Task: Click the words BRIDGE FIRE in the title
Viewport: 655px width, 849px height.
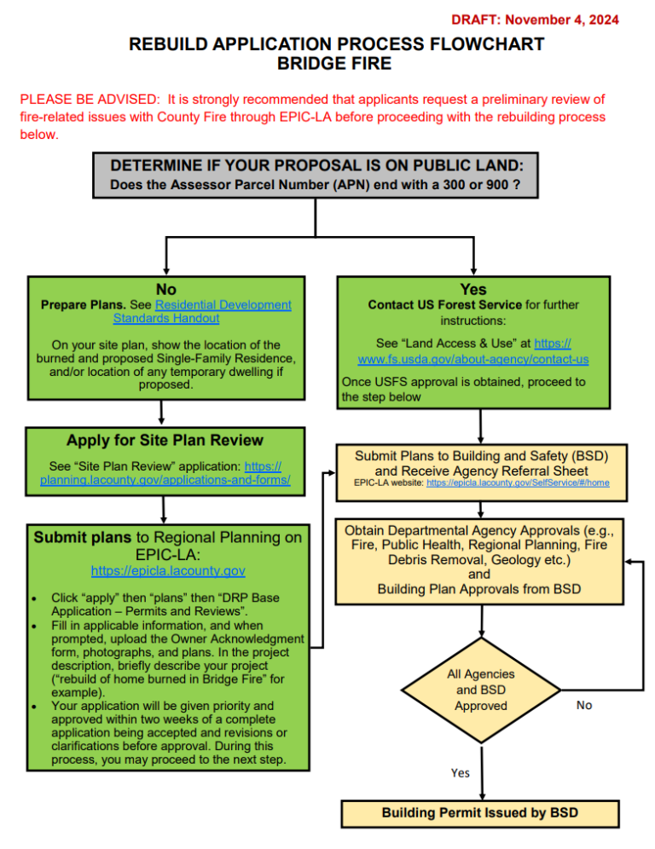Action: pos(327,63)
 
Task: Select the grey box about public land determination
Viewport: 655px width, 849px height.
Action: pos(316,176)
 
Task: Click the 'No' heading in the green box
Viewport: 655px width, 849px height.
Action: pos(166,290)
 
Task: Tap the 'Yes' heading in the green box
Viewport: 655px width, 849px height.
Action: pos(472,290)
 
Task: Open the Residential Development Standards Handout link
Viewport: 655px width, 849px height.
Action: pos(201,311)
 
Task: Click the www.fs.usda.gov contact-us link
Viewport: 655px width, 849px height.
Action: pos(473,359)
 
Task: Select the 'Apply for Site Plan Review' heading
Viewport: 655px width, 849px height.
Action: pos(165,440)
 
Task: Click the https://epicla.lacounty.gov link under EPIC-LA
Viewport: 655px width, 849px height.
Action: pos(168,570)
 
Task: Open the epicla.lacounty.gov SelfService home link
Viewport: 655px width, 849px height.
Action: pos(517,482)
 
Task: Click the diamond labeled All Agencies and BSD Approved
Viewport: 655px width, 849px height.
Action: pos(481,690)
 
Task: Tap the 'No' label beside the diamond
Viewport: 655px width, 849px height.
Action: pos(584,705)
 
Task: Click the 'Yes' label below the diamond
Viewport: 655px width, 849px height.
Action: pos(460,772)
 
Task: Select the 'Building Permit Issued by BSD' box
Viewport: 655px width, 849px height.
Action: pos(480,812)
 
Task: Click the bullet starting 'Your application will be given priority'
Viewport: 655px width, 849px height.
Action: pos(169,732)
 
